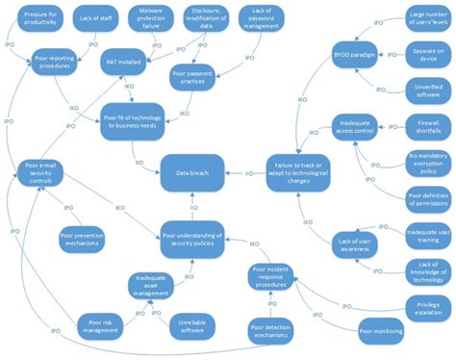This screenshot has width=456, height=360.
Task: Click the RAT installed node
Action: [125, 61]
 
